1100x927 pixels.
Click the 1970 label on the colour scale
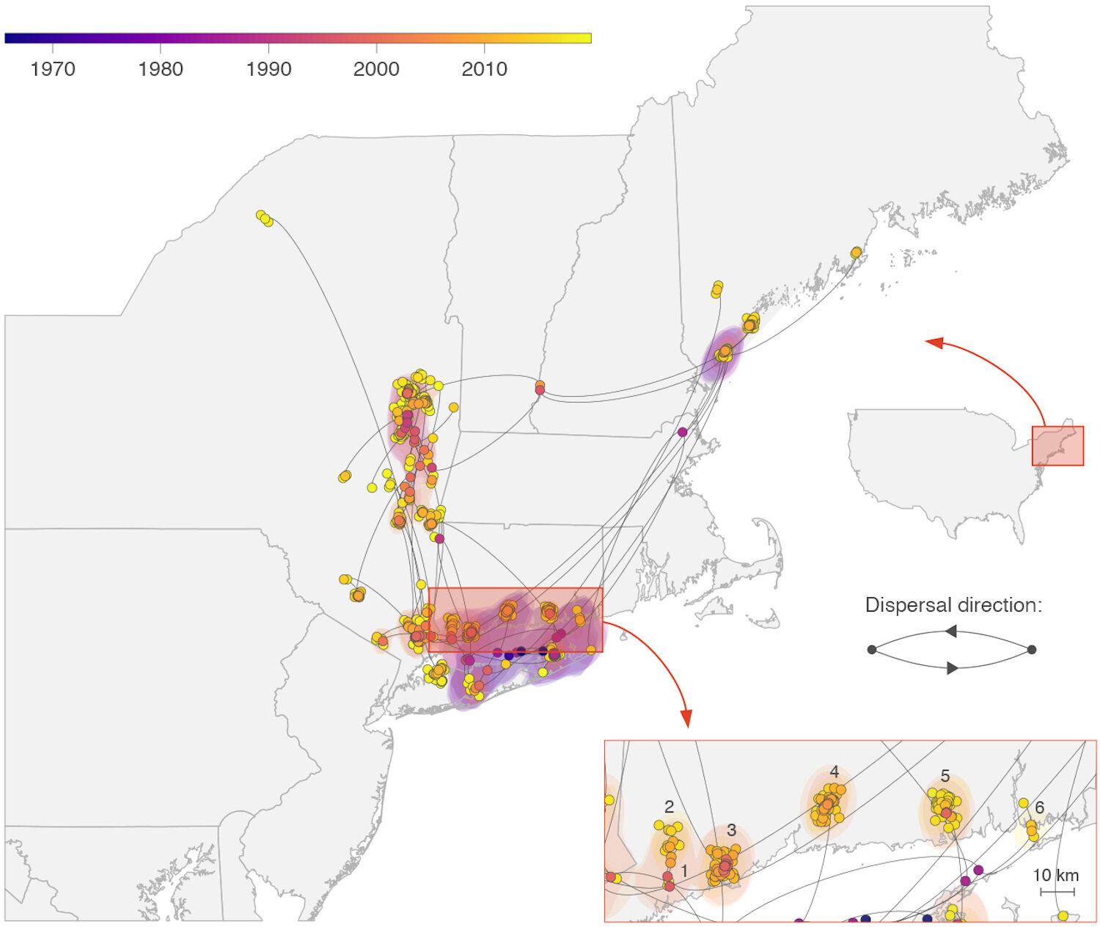click(52, 69)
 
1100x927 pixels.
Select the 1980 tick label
click(160, 69)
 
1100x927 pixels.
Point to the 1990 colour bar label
click(268, 69)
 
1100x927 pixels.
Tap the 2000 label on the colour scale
click(376, 69)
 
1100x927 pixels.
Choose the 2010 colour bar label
click(484, 69)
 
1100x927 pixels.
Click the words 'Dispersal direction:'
click(953, 605)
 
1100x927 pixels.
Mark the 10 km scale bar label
click(1055, 875)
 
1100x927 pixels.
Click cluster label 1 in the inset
click(684, 871)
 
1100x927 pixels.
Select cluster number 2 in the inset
click(669, 807)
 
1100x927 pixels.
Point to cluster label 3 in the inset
click(731, 830)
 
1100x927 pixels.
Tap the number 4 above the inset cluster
click(835, 772)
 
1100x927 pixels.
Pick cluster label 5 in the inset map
click(945, 776)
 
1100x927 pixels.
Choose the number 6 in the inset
click(1039, 807)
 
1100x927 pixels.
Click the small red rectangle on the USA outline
click(1057, 446)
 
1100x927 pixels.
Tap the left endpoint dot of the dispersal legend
click(872, 650)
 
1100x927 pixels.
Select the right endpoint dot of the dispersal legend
click(1032, 650)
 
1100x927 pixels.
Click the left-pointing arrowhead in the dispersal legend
click(950, 631)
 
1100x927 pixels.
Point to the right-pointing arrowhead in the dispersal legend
click(953, 668)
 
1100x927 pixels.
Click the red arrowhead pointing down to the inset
click(686, 718)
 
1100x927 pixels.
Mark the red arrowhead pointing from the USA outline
click(933, 342)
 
